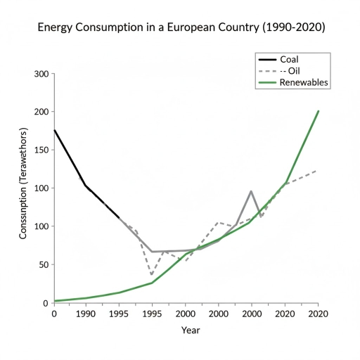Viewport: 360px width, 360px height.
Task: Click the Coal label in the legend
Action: pos(291,58)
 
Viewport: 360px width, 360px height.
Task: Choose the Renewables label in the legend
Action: pos(304,82)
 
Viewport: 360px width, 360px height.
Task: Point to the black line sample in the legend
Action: pos(266,58)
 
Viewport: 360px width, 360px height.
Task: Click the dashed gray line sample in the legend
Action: pos(266,70)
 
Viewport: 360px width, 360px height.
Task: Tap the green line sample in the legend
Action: pos(266,82)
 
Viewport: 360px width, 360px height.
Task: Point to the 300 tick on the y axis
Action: pos(41,74)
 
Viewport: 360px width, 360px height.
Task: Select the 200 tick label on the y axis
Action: pos(41,112)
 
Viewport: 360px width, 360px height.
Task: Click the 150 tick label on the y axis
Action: pos(41,150)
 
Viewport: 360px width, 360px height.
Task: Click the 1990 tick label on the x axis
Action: pos(86,314)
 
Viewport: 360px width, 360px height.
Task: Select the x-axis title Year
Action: pos(191,329)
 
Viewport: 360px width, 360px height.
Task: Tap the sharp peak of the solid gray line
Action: pos(251,191)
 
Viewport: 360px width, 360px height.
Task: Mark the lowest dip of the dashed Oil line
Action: pos(151,275)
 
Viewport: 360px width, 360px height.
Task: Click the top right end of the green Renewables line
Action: pos(319,110)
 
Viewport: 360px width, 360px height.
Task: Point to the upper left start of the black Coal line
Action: pos(54,129)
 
